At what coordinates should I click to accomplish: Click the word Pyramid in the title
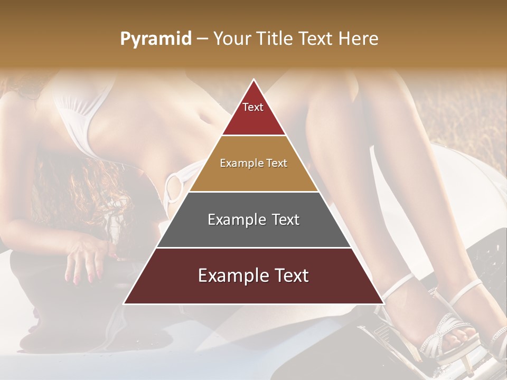click(x=156, y=39)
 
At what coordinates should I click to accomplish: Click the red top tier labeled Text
click(x=253, y=113)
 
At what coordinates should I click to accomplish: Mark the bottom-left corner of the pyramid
click(x=124, y=303)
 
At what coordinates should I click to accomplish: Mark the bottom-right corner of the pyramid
click(x=383, y=303)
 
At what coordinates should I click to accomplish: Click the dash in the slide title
click(x=202, y=39)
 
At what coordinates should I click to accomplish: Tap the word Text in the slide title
click(x=318, y=39)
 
